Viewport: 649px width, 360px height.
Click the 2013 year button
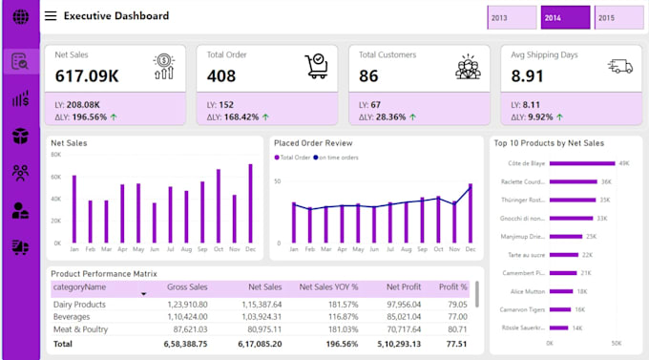click(x=511, y=18)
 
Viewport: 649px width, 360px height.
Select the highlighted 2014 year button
click(x=565, y=18)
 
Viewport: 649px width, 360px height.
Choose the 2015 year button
click(x=617, y=18)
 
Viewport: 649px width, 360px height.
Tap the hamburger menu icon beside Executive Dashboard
click(x=50, y=16)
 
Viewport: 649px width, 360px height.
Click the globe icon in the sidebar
click(x=19, y=17)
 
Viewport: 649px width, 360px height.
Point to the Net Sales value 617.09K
click(x=87, y=75)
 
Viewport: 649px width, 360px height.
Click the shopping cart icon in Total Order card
click(x=316, y=65)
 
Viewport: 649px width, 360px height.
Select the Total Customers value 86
click(x=369, y=75)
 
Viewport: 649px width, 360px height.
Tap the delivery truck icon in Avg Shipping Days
click(x=619, y=65)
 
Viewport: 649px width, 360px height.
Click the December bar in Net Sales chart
click(x=251, y=203)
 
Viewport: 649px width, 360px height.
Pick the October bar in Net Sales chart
click(x=219, y=206)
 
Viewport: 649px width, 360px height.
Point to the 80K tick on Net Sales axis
click(x=55, y=154)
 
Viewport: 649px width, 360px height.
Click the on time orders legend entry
click(x=337, y=157)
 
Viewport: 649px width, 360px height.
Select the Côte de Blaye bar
click(x=583, y=163)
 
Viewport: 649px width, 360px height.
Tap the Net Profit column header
click(x=405, y=286)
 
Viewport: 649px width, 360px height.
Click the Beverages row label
click(x=73, y=315)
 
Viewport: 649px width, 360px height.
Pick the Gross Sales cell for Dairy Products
click(x=187, y=303)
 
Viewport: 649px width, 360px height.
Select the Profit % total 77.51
click(x=455, y=343)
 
